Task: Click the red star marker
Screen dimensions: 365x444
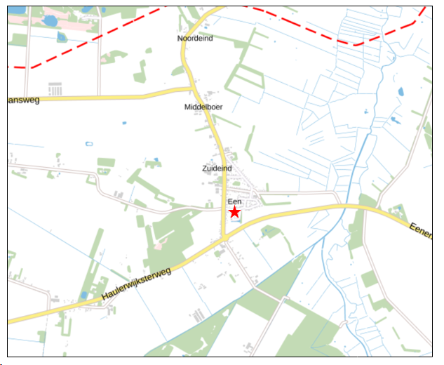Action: [x=234, y=212]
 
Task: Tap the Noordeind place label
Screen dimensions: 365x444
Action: [x=195, y=39]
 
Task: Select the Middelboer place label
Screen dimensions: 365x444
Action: [x=203, y=107]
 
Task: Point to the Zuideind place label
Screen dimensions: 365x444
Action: [x=216, y=169]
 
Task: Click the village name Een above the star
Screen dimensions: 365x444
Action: [x=234, y=202]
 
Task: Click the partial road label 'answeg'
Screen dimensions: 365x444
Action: [x=23, y=100]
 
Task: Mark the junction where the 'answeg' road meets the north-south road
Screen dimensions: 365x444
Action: [x=191, y=88]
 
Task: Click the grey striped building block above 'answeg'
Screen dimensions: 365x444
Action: [x=55, y=89]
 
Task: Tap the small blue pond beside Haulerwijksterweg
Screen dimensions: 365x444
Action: [x=84, y=295]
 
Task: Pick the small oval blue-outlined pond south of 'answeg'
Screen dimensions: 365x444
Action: [x=89, y=144]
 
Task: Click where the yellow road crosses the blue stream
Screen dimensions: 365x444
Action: [x=345, y=206]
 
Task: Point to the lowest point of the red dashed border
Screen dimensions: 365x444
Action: [x=354, y=44]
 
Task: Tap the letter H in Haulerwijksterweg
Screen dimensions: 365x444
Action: [x=104, y=300]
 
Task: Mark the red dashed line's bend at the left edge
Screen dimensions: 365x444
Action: [x=28, y=67]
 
